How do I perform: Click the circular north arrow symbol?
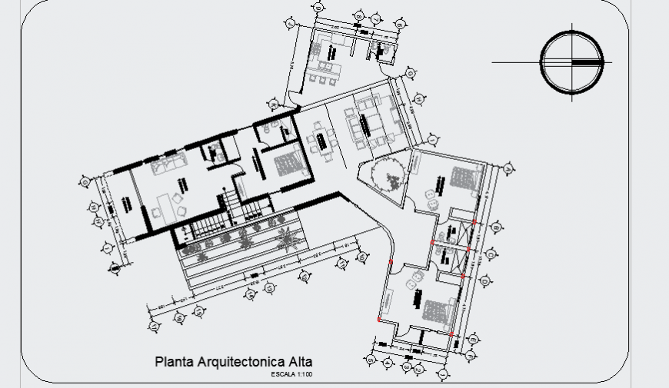(571, 61)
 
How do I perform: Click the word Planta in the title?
(174, 361)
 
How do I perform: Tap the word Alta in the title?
(300, 361)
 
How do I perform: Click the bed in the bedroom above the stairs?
(288, 164)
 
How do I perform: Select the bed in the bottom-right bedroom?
(436, 311)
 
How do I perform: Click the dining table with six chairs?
(321, 141)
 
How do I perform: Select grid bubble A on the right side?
(508, 167)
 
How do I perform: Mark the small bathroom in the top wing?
(381, 49)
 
